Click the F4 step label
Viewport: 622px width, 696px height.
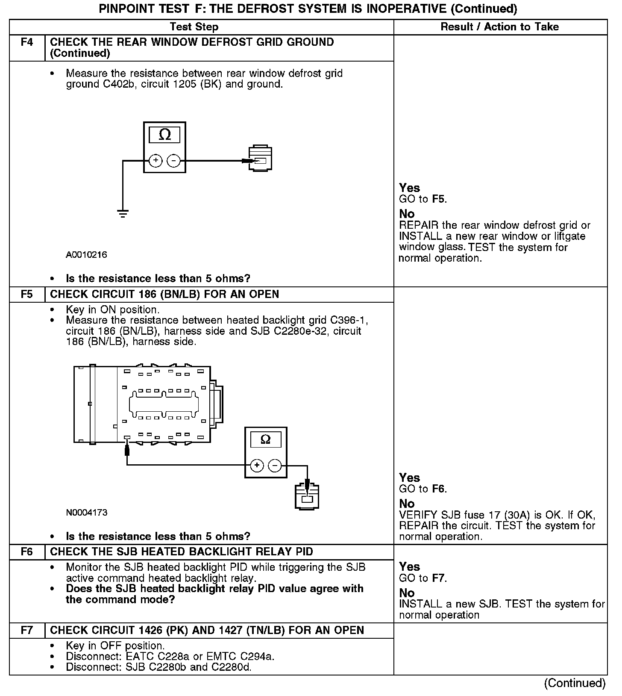tap(27, 42)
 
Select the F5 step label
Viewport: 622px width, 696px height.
tap(27, 295)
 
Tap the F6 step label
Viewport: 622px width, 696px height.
tap(27, 552)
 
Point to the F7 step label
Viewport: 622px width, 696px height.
tap(27, 631)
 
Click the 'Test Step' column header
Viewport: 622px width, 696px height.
tap(194, 27)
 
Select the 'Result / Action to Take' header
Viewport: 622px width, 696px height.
tap(499, 27)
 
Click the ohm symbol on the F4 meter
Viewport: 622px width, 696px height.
tap(164, 135)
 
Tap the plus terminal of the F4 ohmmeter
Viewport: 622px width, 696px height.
tap(155, 161)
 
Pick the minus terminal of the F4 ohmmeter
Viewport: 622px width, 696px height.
tap(173, 161)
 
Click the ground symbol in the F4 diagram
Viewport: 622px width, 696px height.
tap(123, 214)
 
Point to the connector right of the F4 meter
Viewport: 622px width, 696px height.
tap(260, 159)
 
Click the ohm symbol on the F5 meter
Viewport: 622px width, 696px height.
tap(265, 439)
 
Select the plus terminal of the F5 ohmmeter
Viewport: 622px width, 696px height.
tap(256, 465)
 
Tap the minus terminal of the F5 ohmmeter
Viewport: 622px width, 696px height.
tap(275, 465)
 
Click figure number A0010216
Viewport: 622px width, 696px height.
tap(86, 255)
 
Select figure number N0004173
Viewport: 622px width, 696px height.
tap(86, 512)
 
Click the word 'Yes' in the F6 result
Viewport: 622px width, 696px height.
tap(409, 567)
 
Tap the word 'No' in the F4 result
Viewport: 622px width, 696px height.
tap(407, 214)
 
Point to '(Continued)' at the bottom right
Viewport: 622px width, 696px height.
tap(575, 683)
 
